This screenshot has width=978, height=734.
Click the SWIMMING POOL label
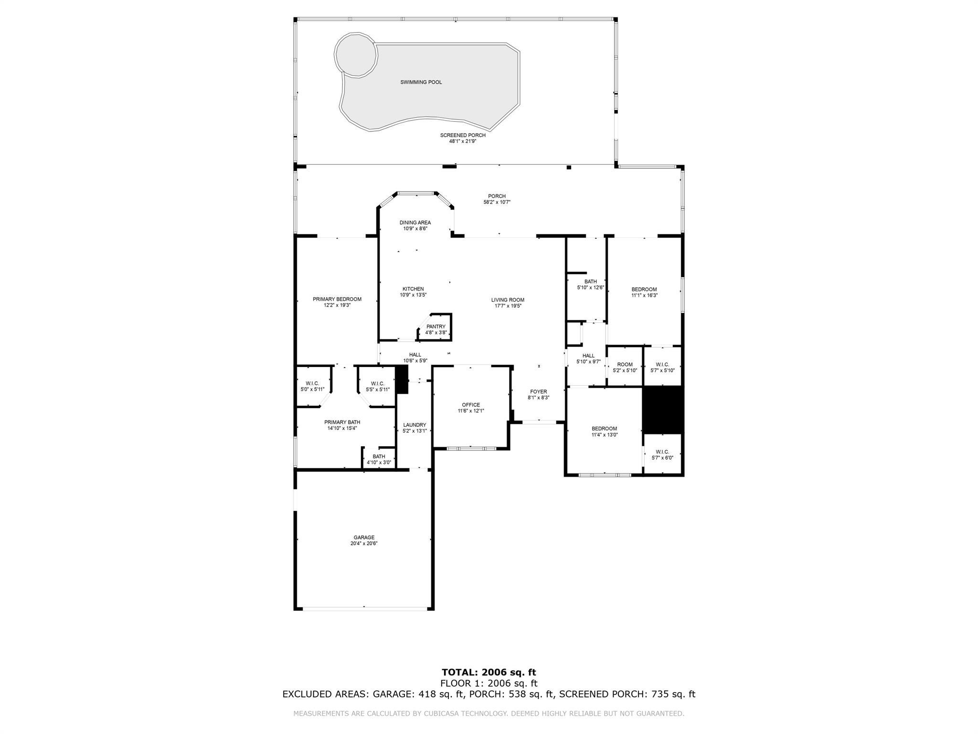click(x=421, y=82)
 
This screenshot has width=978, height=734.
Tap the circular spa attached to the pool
click(x=356, y=54)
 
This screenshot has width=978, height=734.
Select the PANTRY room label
click(x=436, y=327)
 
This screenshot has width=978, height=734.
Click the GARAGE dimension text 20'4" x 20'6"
click(x=364, y=543)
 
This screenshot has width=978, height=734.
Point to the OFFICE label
click(x=471, y=405)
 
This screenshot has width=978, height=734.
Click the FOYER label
click(x=538, y=392)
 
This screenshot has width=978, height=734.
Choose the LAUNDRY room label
click(x=414, y=425)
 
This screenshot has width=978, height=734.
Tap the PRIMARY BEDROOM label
click(x=337, y=299)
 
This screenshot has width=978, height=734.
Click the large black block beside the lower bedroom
click(x=663, y=410)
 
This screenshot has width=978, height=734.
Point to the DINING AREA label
click(x=415, y=223)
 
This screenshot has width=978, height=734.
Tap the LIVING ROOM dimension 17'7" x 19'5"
click(x=508, y=306)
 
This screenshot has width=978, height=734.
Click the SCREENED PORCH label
click(x=463, y=135)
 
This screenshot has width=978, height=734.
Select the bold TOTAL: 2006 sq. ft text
click(x=489, y=673)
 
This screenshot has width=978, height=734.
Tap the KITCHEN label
click(x=413, y=289)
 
